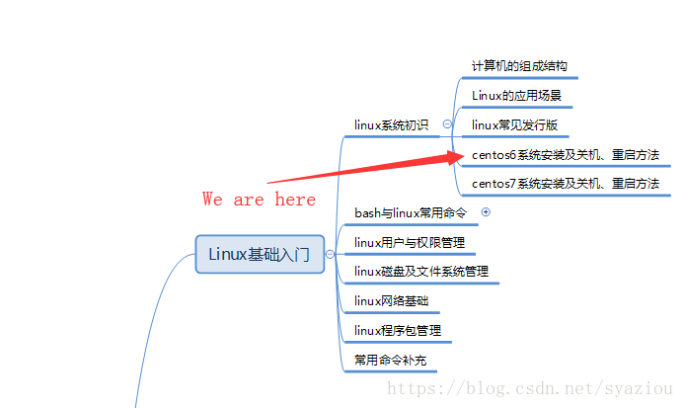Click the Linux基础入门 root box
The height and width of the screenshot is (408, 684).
pyautogui.click(x=260, y=254)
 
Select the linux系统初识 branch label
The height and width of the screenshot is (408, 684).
pyautogui.click(x=392, y=125)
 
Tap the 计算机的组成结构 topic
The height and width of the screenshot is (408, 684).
pyautogui.click(x=518, y=66)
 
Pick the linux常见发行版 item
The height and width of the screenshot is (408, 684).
pyautogui.click(x=514, y=125)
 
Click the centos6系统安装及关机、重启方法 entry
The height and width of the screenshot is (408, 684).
pyautogui.click(x=565, y=155)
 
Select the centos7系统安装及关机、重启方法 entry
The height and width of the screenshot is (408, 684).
pyautogui.click(x=565, y=184)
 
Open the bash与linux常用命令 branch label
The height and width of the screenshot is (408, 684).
pyautogui.click(x=410, y=212)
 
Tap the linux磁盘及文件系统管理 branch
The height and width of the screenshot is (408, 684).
pyautogui.click(x=420, y=271)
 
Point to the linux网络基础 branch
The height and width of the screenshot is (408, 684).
pyautogui.click(x=391, y=300)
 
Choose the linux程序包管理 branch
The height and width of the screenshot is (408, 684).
pyautogui.click(x=398, y=330)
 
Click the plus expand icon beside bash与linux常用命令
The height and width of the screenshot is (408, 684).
pyautogui.click(x=485, y=212)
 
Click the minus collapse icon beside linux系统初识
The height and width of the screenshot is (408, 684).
pyautogui.click(x=447, y=124)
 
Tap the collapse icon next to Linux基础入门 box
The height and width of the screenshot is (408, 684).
pyautogui.click(x=330, y=255)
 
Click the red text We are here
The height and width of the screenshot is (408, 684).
pyautogui.click(x=260, y=200)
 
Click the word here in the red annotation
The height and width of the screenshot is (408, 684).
pyautogui.click(x=296, y=200)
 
